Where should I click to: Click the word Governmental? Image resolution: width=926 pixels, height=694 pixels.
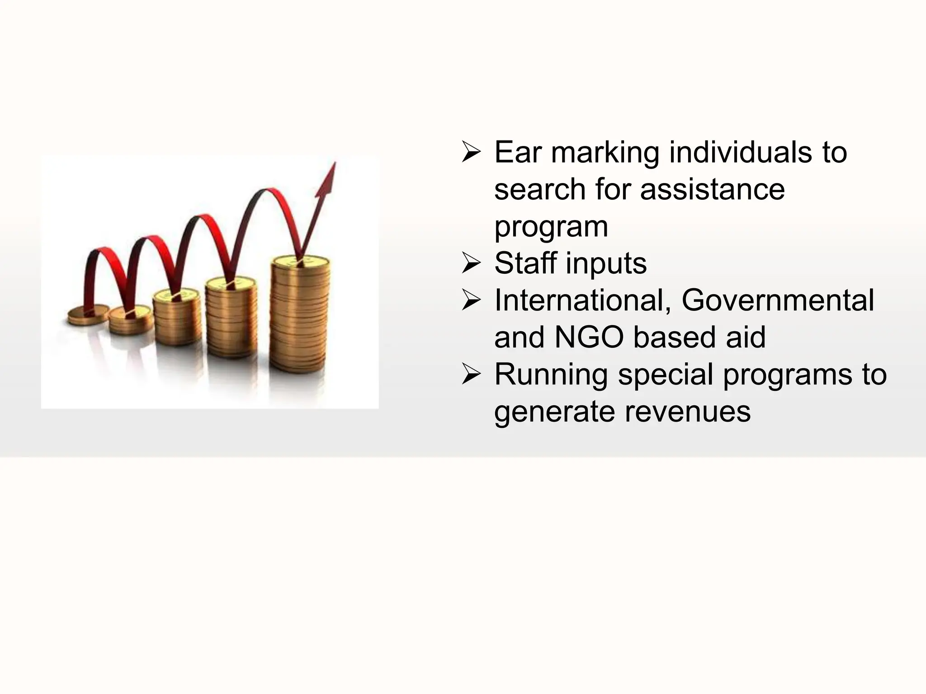pyautogui.click(x=777, y=300)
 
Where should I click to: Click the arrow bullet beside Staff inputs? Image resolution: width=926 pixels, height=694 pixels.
pyautogui.click(x=471, y=264)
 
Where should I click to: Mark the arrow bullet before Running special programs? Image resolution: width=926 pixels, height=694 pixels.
pyautogui.click(x=471, y=375)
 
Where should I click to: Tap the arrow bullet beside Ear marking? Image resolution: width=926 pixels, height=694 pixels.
pyautogui.click(x=471, y=153)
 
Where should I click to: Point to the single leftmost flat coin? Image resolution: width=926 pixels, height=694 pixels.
pyautogui.click(x=88, y=315)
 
